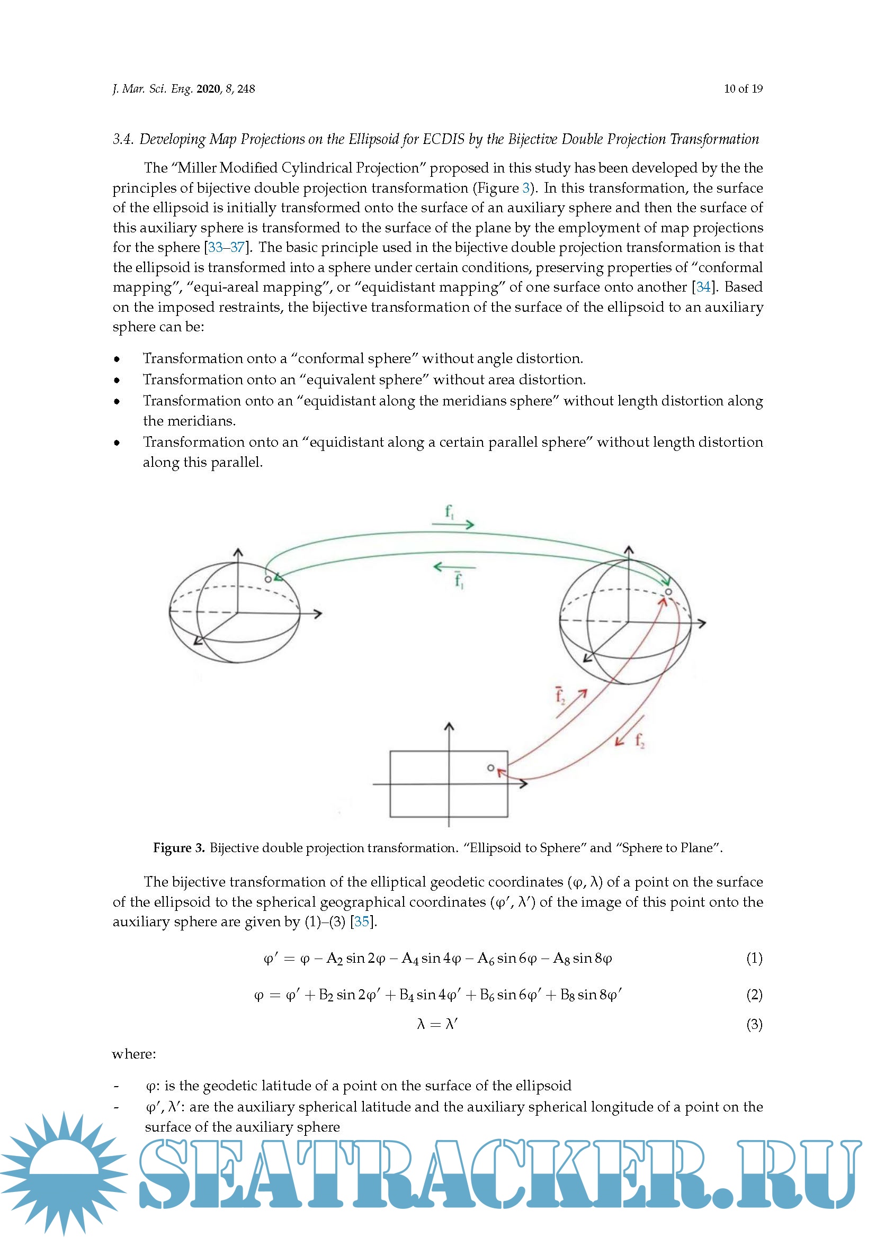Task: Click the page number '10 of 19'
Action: click(743, 89)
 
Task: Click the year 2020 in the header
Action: click(208, 89)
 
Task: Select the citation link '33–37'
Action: click(227, 248)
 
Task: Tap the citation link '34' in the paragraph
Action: click(703, 287)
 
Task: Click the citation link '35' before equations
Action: click(362, 921)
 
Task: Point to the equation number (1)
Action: click(754, 959)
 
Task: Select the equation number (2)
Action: click(754, 995)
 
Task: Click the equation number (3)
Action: click(754, 1024)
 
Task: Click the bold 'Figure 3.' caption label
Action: click(178, 848)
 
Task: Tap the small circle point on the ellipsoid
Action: click(268, 579)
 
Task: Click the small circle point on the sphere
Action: click(668, 592)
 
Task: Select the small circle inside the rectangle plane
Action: click(490, 768)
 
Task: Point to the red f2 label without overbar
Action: click(639, 741)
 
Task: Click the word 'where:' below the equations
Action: click(134, 1054)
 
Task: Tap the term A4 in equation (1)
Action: click(410, 959)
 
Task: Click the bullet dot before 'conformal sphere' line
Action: click(117, 359)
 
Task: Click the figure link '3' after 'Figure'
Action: click(526, 188)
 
